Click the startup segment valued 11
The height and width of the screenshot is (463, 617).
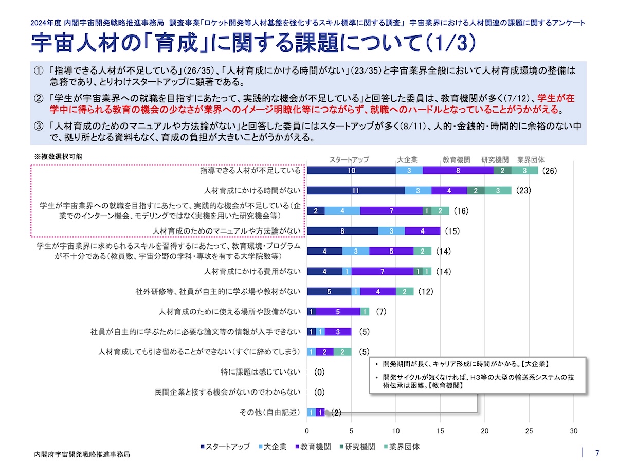coord(355,191)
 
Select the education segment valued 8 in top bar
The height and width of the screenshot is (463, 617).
coord(458,171)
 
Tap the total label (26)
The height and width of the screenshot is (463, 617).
coord(550,171)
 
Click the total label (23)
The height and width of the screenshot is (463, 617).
coord(523,191)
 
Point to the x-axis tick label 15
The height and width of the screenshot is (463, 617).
coord(440,431)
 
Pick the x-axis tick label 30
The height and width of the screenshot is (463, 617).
coord(574,431)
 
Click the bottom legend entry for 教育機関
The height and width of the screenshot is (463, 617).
coord(313,447)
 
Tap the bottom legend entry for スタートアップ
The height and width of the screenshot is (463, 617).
coord(225,447)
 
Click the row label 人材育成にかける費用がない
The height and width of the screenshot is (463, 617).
coord(252,271)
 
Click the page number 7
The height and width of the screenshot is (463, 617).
coord(597,453)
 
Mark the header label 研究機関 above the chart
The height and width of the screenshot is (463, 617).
coord(495,159)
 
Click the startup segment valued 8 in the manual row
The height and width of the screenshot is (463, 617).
coord(342,231)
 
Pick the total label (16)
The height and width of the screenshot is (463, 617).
coord(460,211)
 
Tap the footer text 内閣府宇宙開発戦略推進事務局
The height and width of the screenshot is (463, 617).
coord(82,455)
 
